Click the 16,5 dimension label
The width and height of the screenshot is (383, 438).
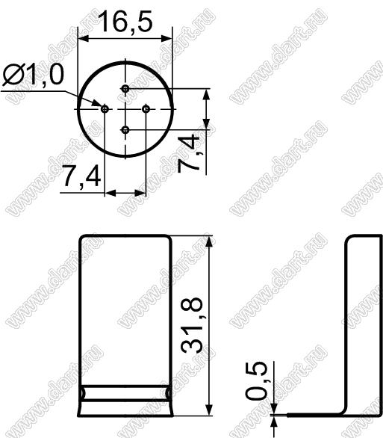(x=126, y=21)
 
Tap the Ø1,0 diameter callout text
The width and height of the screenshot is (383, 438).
(x=33, y=74)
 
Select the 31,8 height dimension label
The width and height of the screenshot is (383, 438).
(x=192, y=326)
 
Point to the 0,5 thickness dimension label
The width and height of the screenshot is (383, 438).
(x=256, y=381)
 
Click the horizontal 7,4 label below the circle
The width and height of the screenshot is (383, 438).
(x=81, y=176)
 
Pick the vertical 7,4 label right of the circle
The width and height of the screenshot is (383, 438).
(x=189, y=152)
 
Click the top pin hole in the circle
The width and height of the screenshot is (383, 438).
(x=125, y=89)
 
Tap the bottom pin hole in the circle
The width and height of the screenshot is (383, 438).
(x=125, y=130)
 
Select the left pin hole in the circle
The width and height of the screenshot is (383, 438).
(x=105, y=108)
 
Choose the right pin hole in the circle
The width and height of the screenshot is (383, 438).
(x=146, y=108)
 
